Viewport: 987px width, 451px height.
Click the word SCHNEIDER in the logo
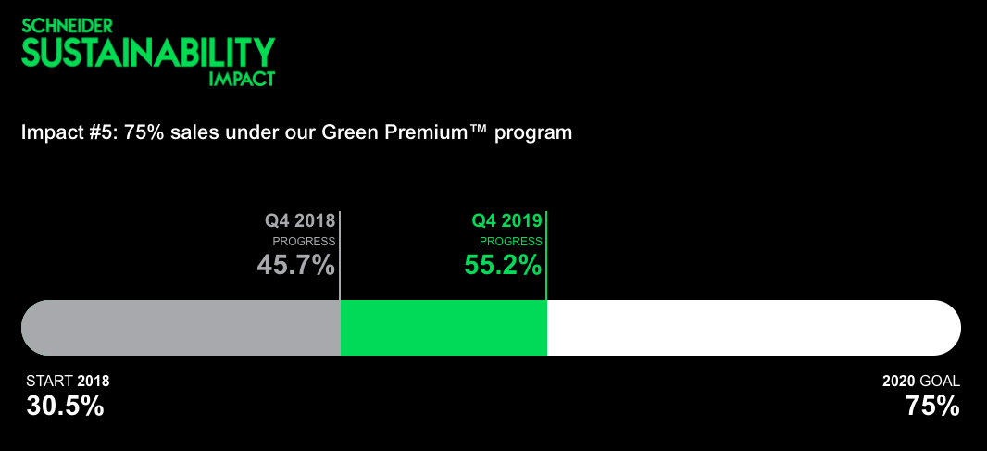[68, 26]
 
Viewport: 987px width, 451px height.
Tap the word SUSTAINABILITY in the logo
[148, 52]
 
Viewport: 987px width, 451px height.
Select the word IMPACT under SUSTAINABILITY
[242, 79]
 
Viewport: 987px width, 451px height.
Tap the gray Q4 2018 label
[300, 221]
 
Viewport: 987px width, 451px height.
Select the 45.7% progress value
[296, 265]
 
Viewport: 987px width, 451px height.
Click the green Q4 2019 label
[506, 221]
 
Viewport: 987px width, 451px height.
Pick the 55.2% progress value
[503, 265]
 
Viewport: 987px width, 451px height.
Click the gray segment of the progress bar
[181, 328]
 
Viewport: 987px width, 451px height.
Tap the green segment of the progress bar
[444, 328]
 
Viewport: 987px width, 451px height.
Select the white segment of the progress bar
[754, 328]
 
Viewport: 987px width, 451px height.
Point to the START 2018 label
[68, 382]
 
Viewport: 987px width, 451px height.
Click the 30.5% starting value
[65, 407]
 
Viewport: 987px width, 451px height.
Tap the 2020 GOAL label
[921, 382]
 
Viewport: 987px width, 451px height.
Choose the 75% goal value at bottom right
[933, 407]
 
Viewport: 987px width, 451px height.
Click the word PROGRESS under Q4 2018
[304, 242]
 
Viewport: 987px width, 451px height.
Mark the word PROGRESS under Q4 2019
[511, 242]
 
